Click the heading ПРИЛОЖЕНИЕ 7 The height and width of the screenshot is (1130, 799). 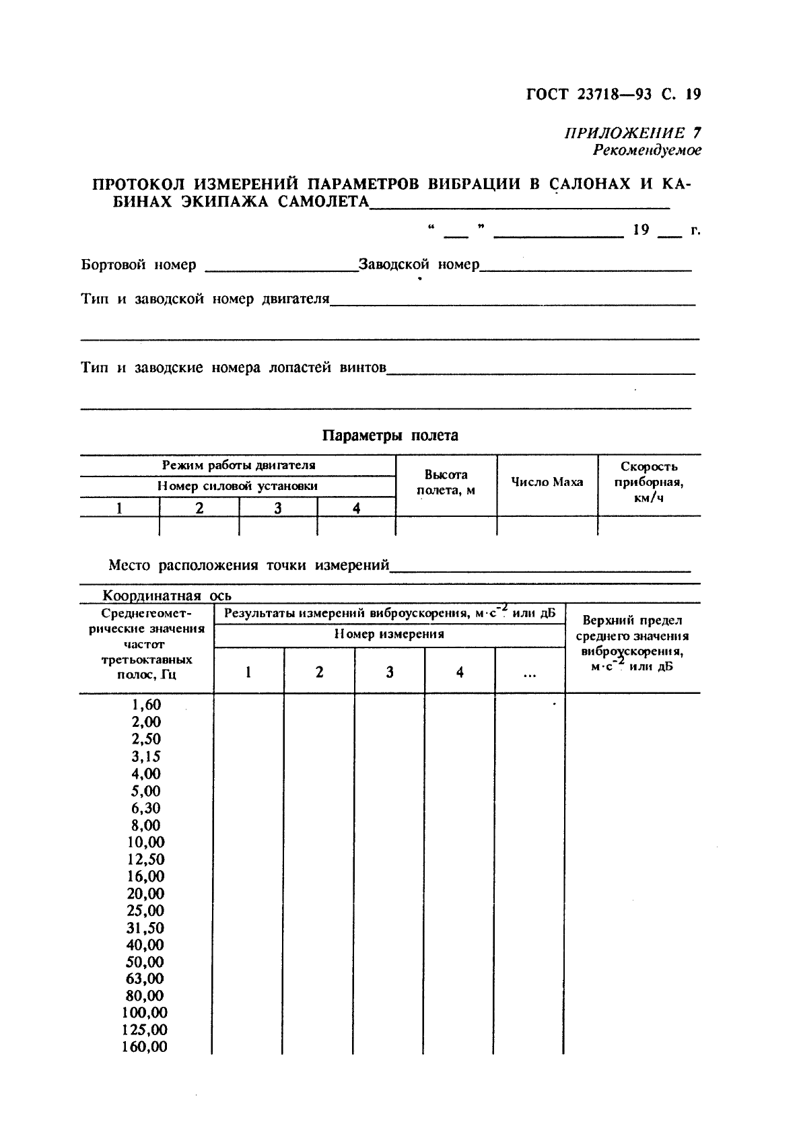coord(631,133)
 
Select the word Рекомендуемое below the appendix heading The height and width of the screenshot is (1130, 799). coord(646,150)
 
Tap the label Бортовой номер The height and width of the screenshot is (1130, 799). coord(139,264)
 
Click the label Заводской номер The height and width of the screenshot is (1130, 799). coord(419,264)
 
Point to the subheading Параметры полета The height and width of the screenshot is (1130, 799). coord(390,435)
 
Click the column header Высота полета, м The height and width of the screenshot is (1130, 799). coord(446,483)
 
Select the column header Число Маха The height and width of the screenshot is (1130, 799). coord(547,482)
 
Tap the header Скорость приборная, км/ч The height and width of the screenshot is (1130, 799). coord(649,482)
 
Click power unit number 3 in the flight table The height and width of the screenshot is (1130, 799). coord(277,509)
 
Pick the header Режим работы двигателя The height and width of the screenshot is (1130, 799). coord(238,465)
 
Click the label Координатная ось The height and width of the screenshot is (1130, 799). coord(166,596)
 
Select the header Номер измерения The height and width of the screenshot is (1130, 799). coord(389,634)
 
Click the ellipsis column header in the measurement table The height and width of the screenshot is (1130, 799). coord(530,672)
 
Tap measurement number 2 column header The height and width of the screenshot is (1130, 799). coord(319,672)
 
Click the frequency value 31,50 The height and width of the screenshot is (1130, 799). coord(145,928)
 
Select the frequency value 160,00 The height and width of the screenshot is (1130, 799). coord(145,1047)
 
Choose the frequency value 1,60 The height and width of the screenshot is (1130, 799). coord(146,705)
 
